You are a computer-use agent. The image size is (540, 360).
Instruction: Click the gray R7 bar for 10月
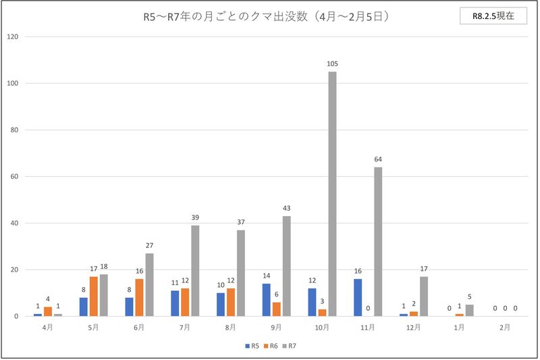pyautogui.click(x=332, y=194)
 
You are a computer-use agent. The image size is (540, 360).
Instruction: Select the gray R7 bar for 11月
pyautogui.click(x=378, y=242)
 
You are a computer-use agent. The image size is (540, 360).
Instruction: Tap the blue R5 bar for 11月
pyautogui.click(x=358, y=297)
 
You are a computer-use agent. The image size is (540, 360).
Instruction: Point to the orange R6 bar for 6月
pyautogui.click(x=139, y=297)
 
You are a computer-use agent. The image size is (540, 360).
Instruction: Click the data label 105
pyautogui.click(x=332, y=64)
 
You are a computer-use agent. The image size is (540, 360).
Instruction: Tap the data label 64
pyautogui.click(x=378, y=159)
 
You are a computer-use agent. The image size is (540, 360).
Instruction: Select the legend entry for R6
pyautogui.click(x=271, y=346)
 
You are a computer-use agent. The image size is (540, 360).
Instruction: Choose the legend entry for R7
pyautogui.click(x=291, y=346)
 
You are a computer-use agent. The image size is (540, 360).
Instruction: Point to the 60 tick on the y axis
pyautogui.click(x=13, y=177)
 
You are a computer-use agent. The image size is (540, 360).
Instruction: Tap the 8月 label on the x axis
pyautogui.click(x=231, y=328)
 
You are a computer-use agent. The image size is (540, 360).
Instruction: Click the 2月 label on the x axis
pyautogui.click(x=505, y=328)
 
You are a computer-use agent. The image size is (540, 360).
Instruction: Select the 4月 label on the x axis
pyautogui.click(x=48, y=328)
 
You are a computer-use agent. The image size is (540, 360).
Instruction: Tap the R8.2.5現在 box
pyautogui.click(x=493, y=16)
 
